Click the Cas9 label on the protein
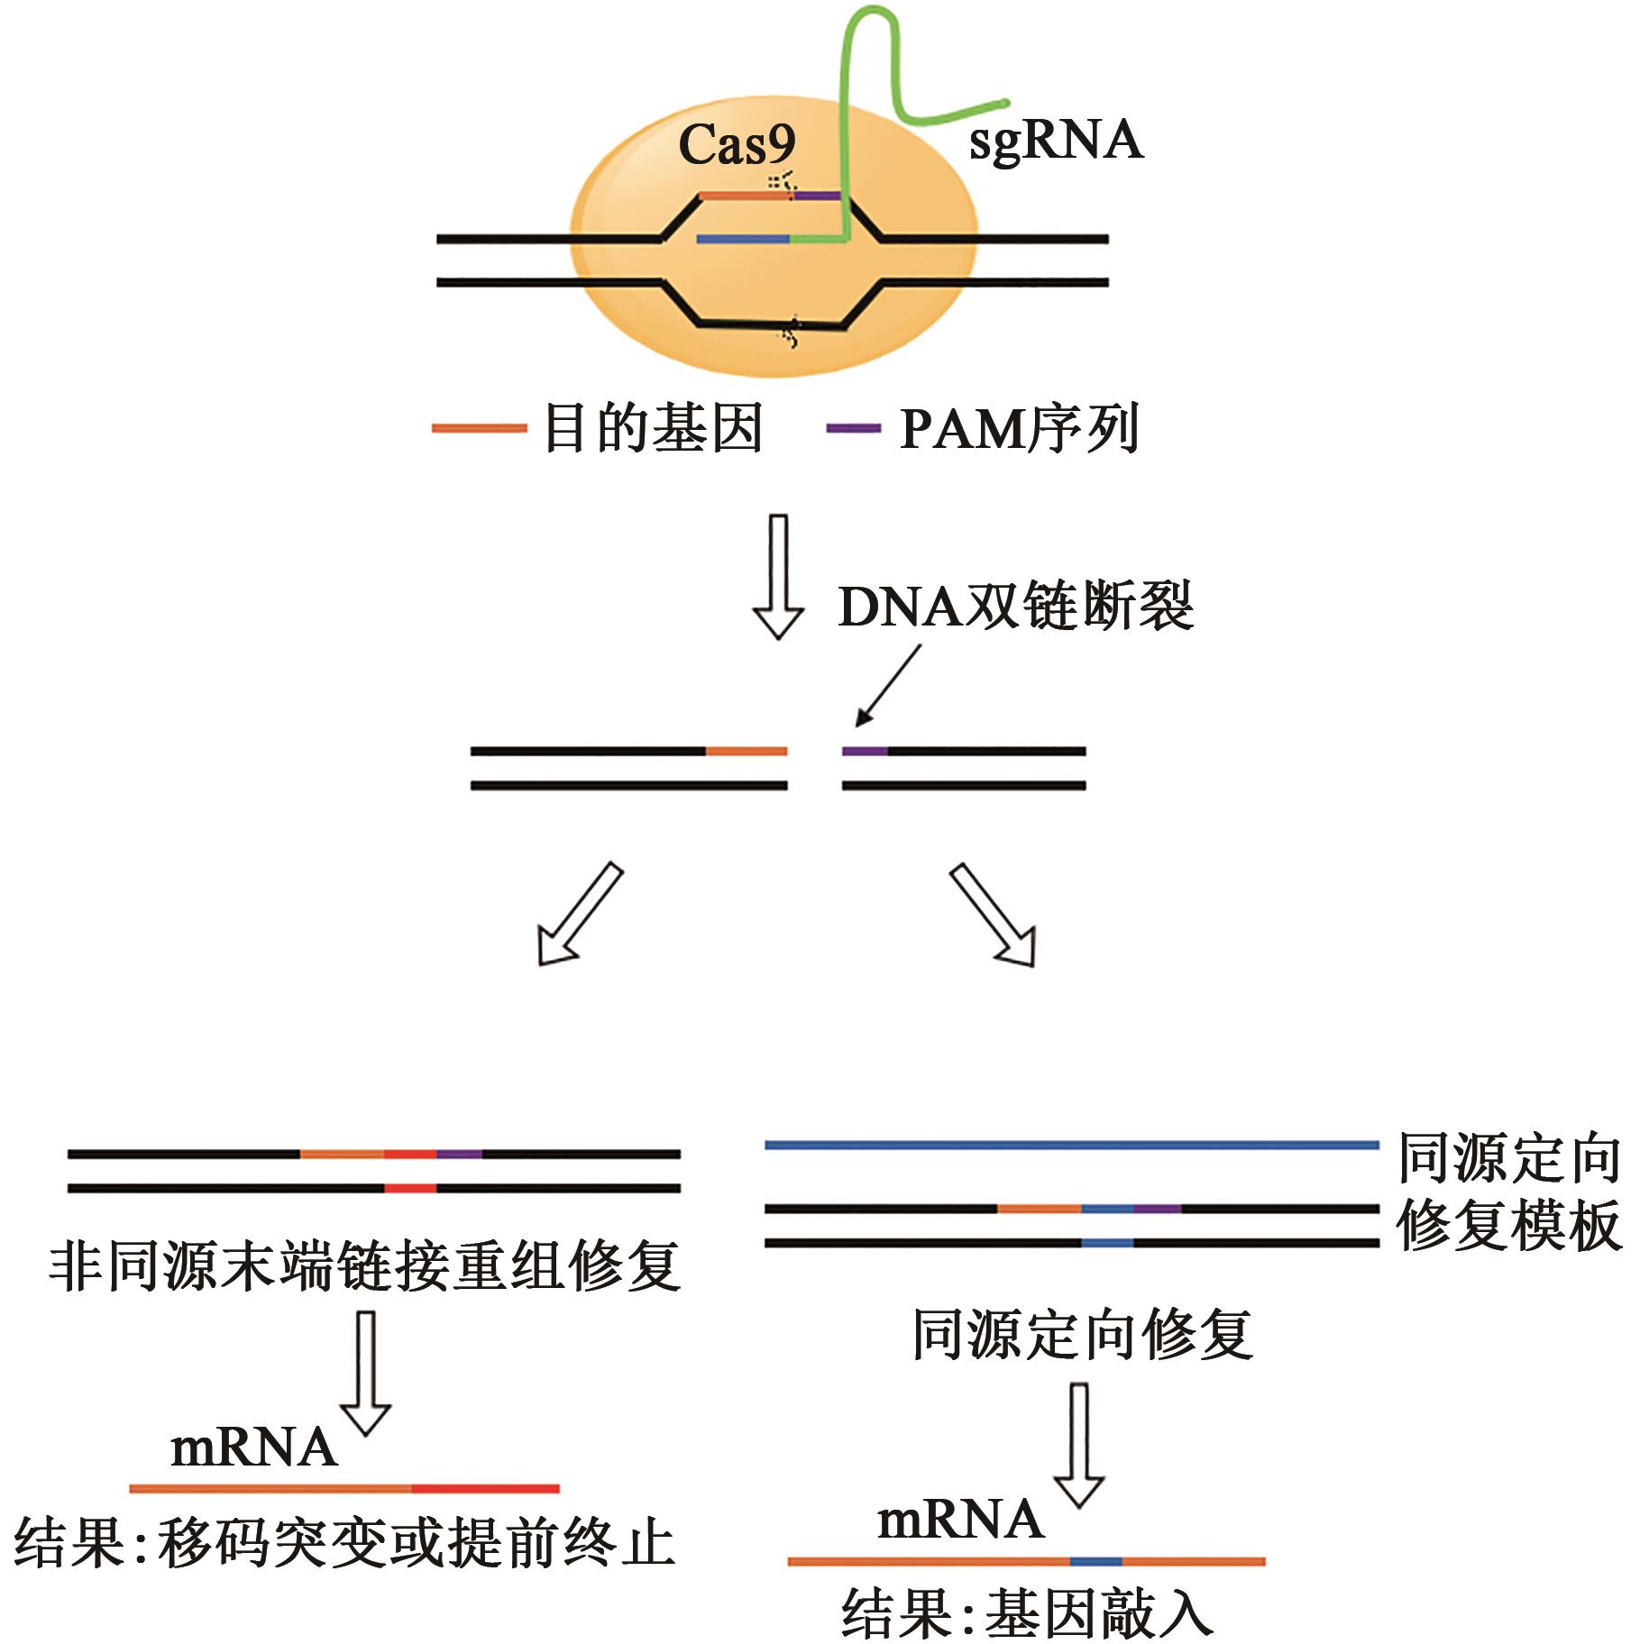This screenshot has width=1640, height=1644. (737, 144)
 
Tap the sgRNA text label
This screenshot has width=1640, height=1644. (1056, 141)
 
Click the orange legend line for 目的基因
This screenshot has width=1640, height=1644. (479, 428)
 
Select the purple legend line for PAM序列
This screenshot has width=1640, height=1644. (853, 428)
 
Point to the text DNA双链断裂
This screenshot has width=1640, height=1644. (1016, 607)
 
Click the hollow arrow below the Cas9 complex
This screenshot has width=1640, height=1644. (778, 577)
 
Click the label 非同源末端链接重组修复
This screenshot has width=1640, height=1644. (365, 1267)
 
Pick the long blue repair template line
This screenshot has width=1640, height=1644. (1071, 1145)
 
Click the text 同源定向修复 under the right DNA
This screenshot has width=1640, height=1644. (1082, 1336)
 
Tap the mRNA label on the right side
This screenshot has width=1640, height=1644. (960, 1520)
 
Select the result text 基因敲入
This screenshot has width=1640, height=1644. (1098, 1613)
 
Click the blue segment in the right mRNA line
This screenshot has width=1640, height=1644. (1096, 1561)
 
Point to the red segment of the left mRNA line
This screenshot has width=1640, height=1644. (485, 1489)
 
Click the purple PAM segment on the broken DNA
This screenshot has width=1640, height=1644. (865, 751)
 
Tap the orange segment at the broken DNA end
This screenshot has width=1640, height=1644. (746, 751)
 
